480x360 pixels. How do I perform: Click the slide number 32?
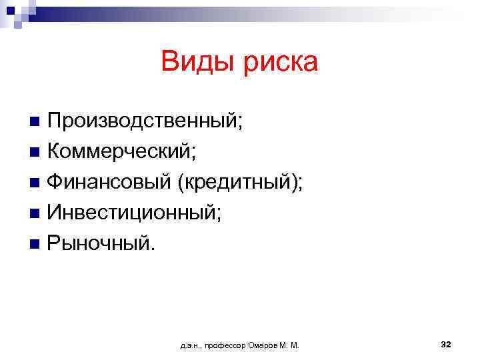pos(446,344)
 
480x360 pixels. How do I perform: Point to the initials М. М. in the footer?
pos(291,345)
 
